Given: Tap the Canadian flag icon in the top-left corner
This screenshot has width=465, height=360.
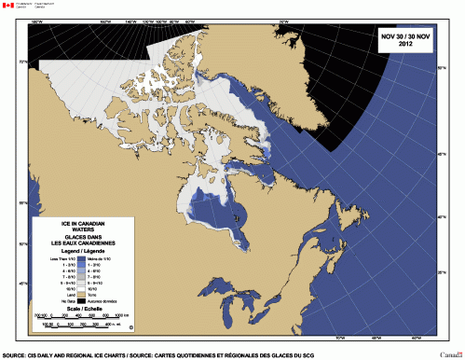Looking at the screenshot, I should (8, 6).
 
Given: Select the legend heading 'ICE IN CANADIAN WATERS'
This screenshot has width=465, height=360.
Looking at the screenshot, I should (82, 227).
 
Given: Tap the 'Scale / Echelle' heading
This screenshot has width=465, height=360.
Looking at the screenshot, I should (82, 310).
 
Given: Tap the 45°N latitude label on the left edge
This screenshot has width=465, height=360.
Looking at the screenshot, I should (22, 284).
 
